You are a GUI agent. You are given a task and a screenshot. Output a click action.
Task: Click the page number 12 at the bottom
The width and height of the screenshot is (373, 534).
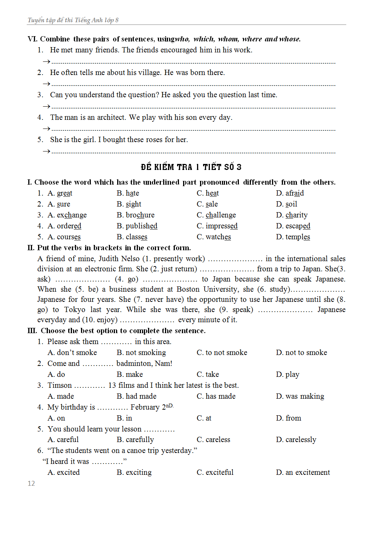31,484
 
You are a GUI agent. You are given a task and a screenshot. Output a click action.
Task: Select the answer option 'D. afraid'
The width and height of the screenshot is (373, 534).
290,193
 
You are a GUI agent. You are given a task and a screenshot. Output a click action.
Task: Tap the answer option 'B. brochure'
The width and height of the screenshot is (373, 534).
135,215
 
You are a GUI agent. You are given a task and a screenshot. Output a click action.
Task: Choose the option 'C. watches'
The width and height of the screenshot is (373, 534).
214,237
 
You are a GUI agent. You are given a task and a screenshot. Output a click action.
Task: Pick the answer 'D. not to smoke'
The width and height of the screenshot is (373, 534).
301,353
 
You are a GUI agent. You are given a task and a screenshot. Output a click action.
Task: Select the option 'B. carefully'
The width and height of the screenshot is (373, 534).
135,440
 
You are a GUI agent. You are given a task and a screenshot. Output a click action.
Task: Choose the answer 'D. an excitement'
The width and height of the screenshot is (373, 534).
303,473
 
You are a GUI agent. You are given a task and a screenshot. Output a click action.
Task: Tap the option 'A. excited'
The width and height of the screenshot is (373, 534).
64,473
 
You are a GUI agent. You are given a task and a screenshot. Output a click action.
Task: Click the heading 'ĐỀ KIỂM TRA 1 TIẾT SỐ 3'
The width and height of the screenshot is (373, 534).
191,167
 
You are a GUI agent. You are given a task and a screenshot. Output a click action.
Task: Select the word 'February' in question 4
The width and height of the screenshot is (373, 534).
145,407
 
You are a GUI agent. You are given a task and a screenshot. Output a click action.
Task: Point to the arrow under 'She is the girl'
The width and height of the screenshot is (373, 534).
46,151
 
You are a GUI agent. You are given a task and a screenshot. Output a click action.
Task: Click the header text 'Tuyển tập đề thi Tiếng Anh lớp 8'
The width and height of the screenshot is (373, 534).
73,20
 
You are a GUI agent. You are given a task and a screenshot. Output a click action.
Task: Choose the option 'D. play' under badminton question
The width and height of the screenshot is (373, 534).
287,375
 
